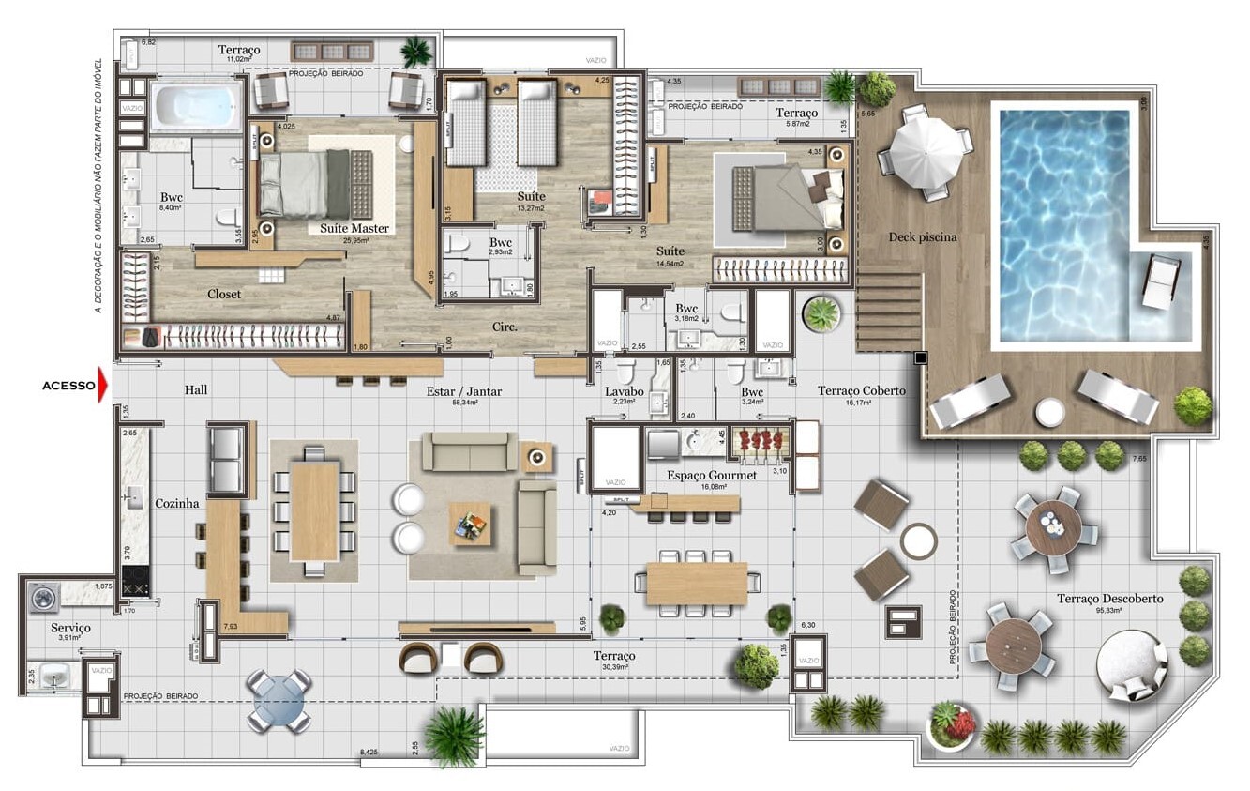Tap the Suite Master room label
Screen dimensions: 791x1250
click(354, 228)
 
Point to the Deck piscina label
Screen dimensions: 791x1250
click(923, 237)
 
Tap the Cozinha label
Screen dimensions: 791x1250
click(177, 504)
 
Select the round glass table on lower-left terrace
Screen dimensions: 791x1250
click(279, 700)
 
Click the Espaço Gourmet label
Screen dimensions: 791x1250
click(711, 476)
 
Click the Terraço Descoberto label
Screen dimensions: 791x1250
click(1109, 599)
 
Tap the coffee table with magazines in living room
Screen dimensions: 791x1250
click(469, 524)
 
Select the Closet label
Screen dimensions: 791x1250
click(224, 295)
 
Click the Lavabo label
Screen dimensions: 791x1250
click(624, 390)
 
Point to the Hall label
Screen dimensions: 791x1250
click(196, 390)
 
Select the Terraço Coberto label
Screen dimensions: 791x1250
click(861, 391)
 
